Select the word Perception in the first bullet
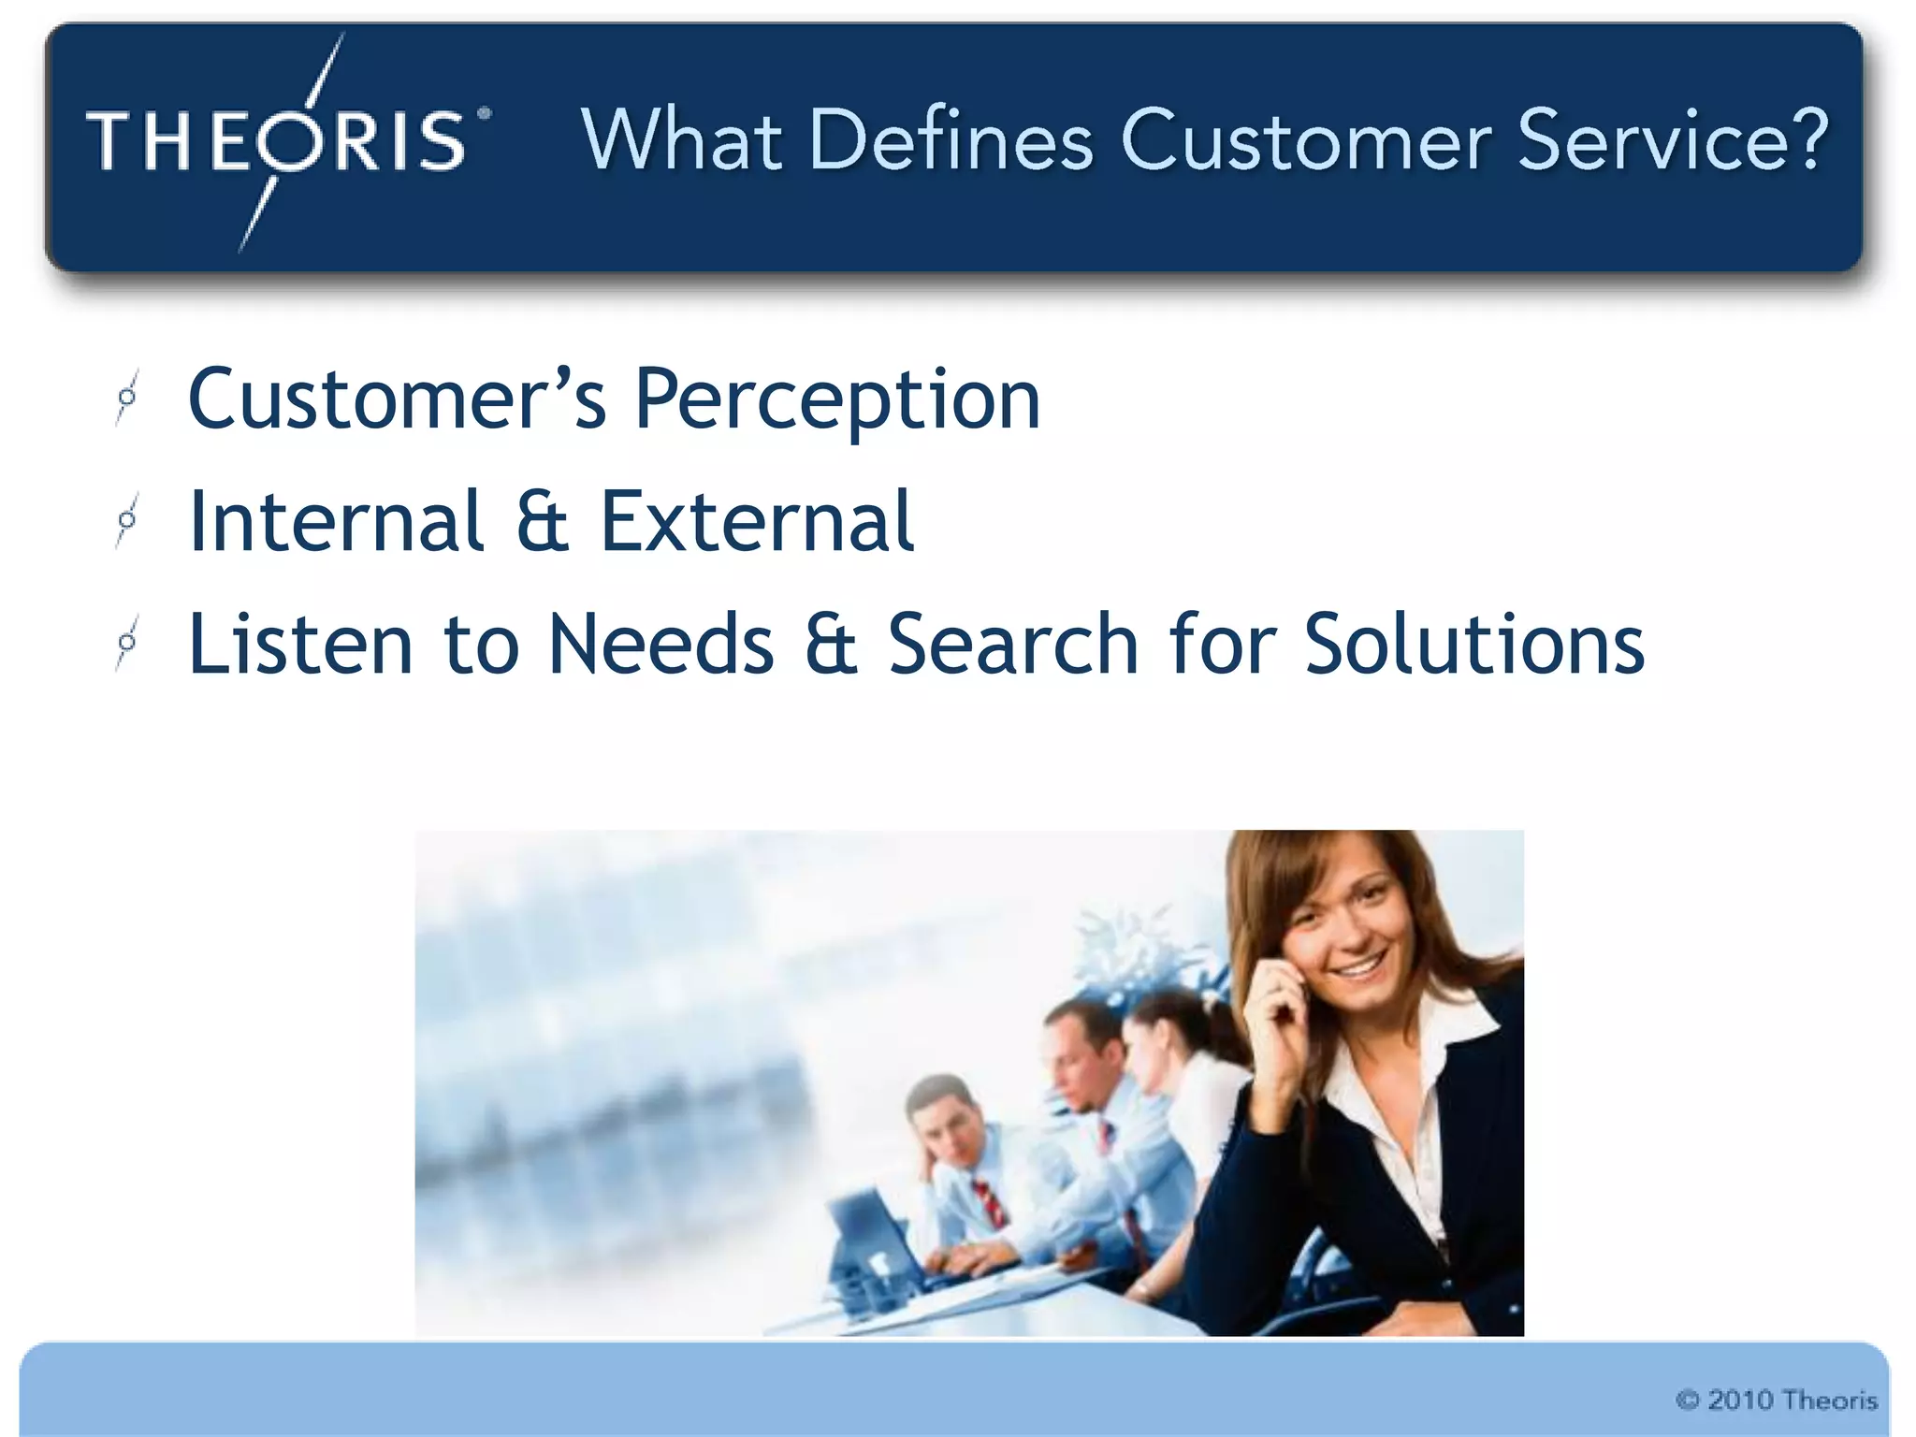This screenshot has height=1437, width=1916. (x=837, y=400)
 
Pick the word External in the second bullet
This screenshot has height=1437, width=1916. (x=756, y=521)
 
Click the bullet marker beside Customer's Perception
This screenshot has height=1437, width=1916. (x=127, y=399)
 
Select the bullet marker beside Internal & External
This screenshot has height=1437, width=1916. (x=127, y=520)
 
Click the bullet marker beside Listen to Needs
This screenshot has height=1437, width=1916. (x=127, y=644)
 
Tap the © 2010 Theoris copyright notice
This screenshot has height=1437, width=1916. (x=1776, y=1400)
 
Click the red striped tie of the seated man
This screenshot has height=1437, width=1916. (x=990, y=1203)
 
